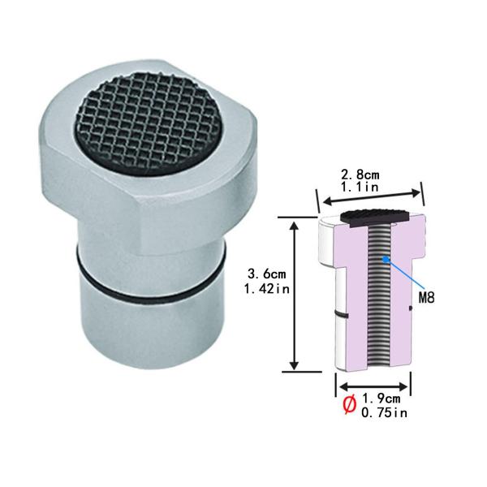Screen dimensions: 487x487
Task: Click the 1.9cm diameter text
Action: (x=381, y=399)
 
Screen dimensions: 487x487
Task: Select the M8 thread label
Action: (x=426, y=298)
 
